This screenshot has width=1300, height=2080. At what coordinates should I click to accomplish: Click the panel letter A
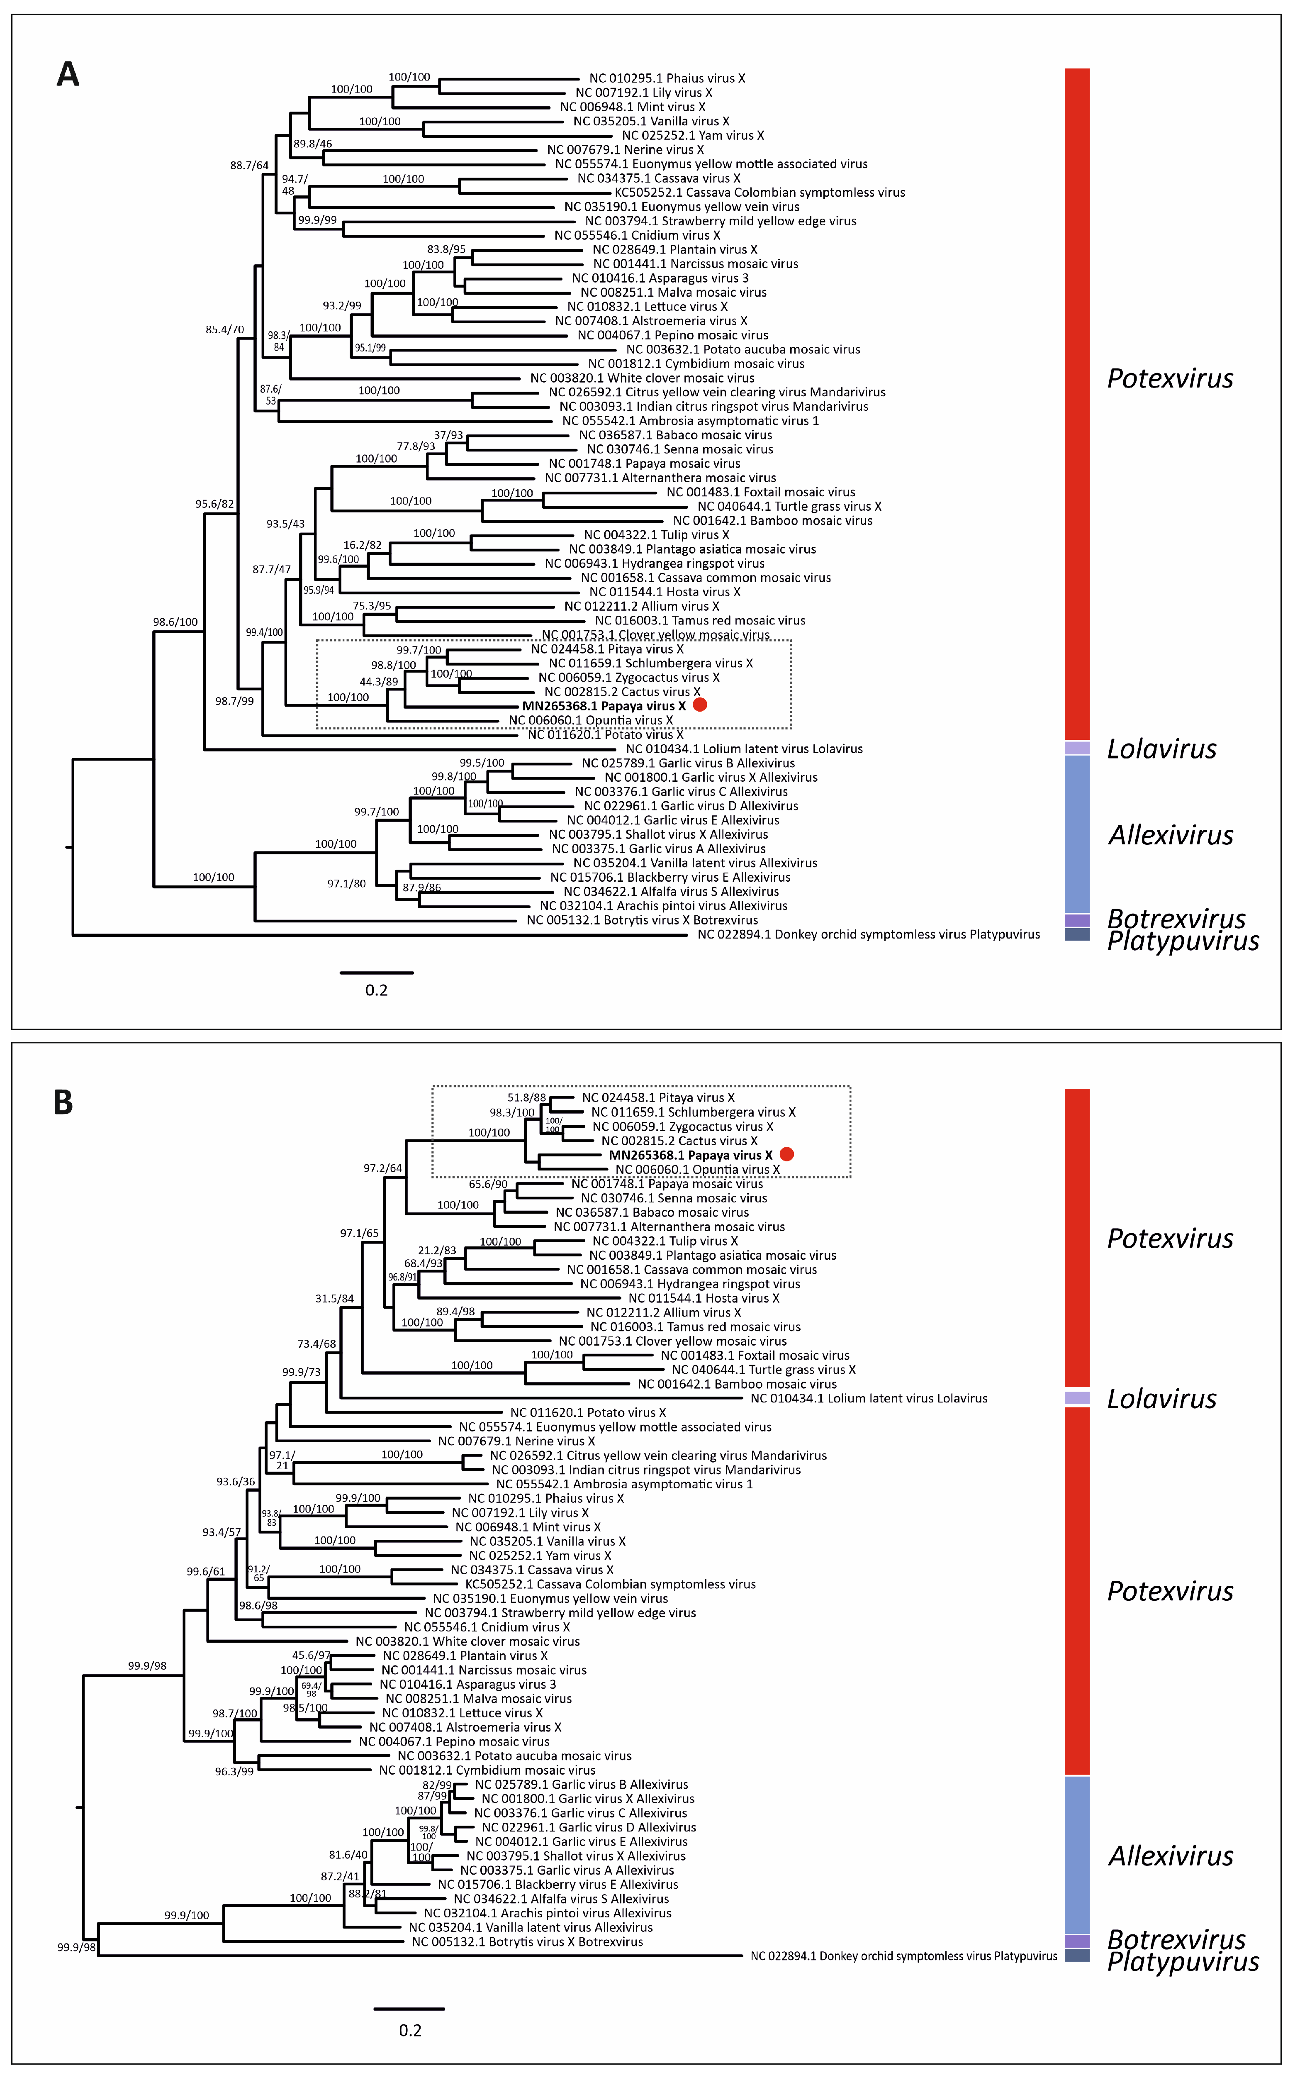click(68, 75)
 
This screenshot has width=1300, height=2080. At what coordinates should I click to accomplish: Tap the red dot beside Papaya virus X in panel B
click(787, 1154)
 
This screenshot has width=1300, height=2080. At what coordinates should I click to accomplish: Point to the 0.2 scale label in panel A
click(377, 990)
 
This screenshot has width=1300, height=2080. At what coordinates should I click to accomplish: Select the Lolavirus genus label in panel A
click(1161, 749)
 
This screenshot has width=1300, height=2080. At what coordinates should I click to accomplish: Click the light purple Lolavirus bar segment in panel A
click(1077, 748)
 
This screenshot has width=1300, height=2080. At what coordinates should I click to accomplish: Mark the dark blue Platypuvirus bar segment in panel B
click(1077, 1956)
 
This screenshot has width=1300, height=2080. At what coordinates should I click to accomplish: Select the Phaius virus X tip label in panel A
click(667, 78)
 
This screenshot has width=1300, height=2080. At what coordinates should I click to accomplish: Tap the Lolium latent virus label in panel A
click(745, 749)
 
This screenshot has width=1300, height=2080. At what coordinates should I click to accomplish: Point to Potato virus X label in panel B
click(588, 1413)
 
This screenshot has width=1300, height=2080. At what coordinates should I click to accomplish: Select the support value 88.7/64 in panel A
click(249, 165)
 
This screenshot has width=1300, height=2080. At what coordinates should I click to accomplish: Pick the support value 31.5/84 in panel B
click(334, 1298)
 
